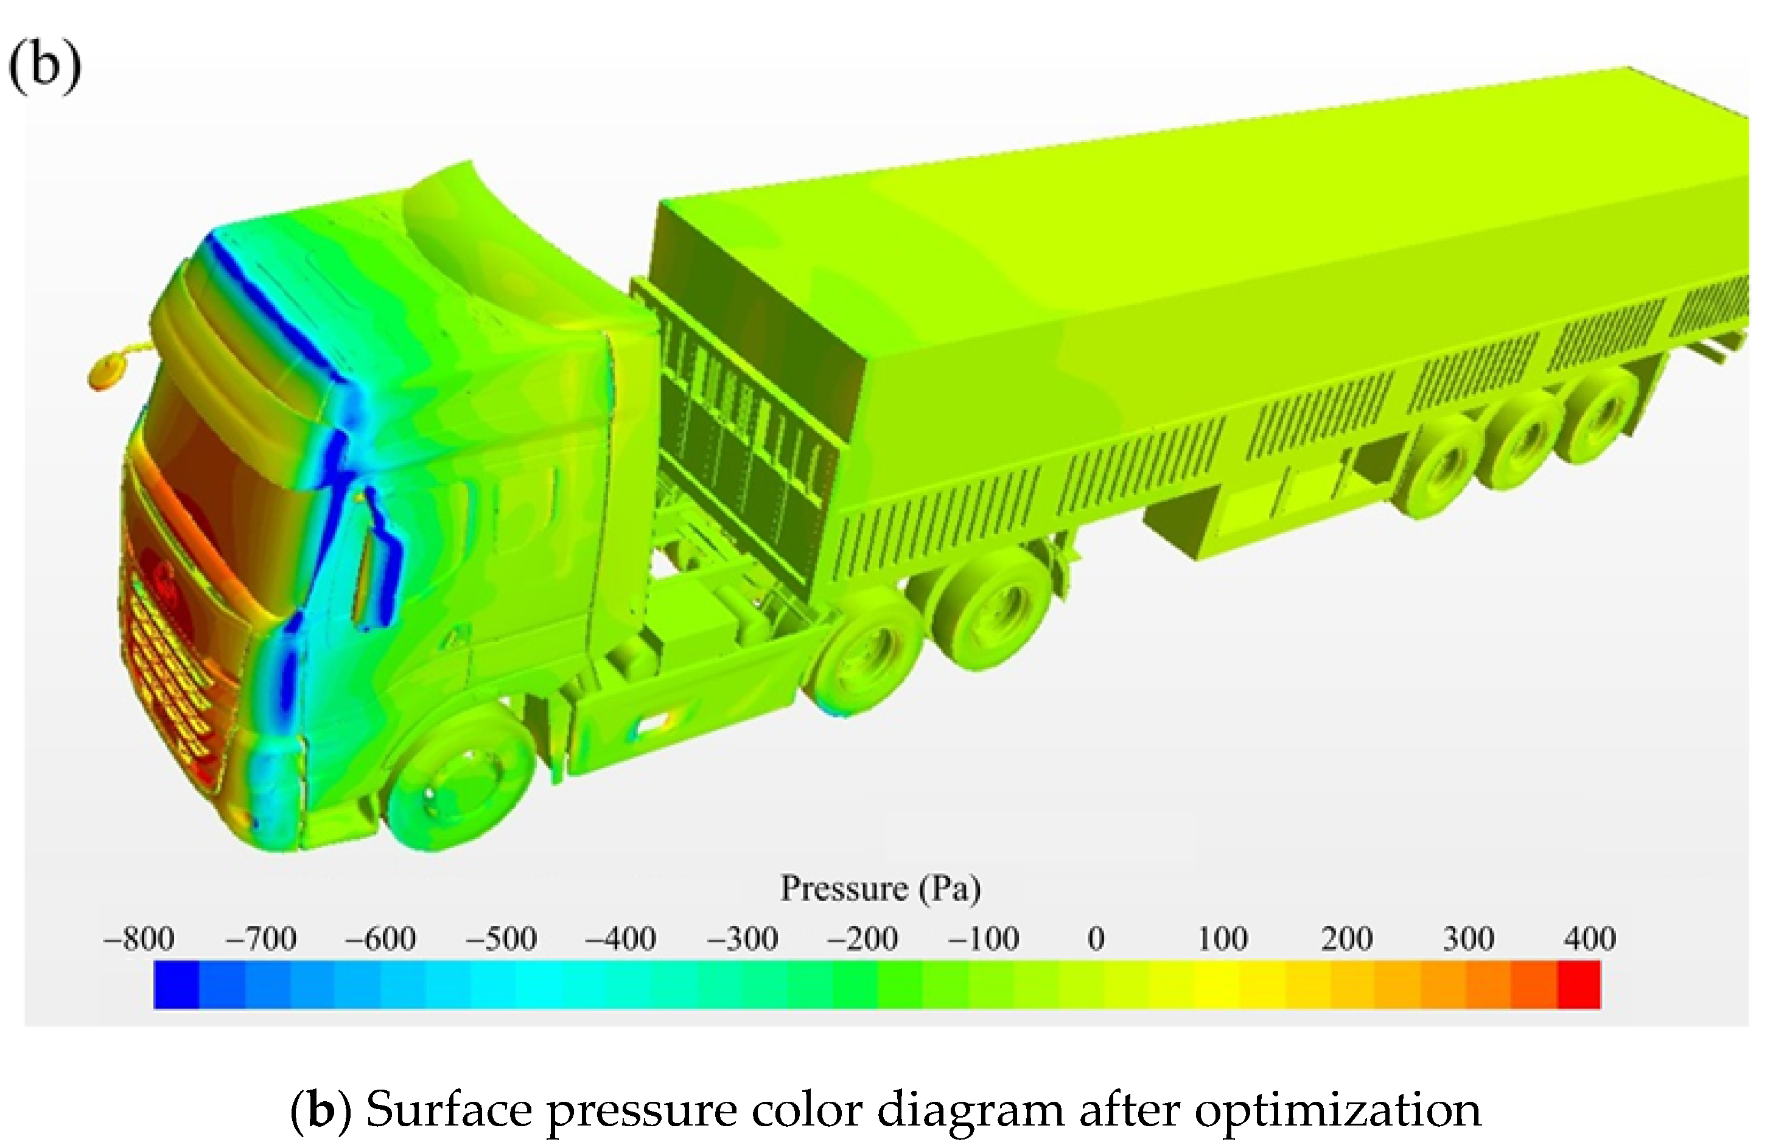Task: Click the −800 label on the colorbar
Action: pyautogui.click(x=139, y=939)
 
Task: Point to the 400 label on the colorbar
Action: pyautogui.click(x=1590, y=939)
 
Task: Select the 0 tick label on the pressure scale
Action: pyautogui.click(x=1096, y=939)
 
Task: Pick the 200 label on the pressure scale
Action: pyautogui.click(x=1347, y=939)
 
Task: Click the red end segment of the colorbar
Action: pyautogui.click(x=1579, y=985)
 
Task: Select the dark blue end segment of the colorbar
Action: pyautogui.click(x=177, y=985)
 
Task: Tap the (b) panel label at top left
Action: pyautogui.click(x=44, y=66)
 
